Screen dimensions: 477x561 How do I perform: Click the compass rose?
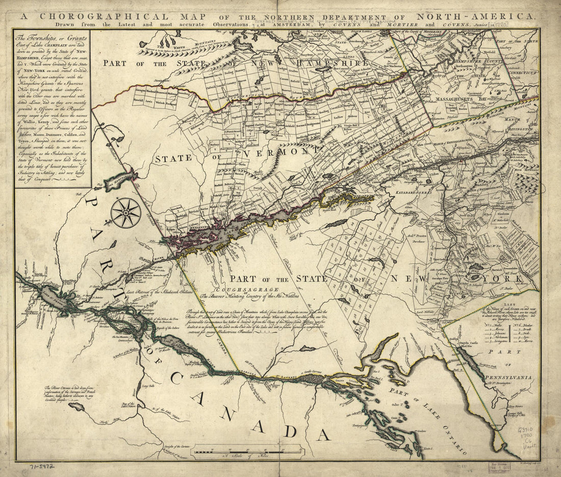(125, 213)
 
